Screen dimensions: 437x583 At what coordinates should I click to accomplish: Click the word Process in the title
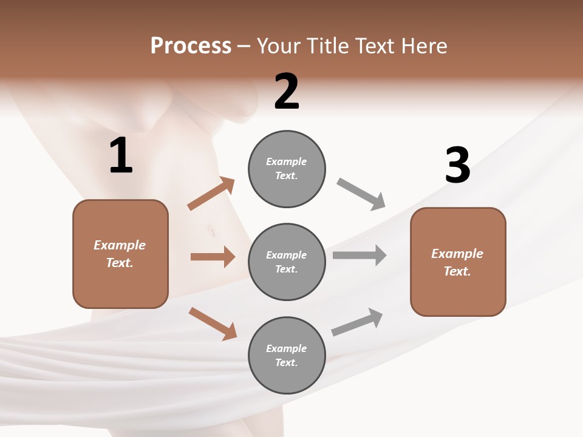[x=191, y=46]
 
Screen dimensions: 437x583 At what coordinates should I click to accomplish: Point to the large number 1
[x=121, y=156]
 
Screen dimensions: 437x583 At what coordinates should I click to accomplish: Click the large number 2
[x=287, y=92]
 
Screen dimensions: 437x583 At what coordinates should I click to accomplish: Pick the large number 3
[x=457, y=165]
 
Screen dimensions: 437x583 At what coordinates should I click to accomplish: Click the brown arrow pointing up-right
[x=211, y=194]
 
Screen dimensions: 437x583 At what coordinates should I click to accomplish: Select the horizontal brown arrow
[x=213, y=257]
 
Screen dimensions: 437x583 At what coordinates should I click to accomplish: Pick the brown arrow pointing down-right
[x=213, y=323]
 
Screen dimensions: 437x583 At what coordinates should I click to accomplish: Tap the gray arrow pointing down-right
[x=361, y=194]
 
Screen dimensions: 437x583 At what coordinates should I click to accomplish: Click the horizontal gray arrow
[x=359, y=256]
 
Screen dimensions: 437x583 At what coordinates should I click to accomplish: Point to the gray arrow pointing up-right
[x=357, y=322]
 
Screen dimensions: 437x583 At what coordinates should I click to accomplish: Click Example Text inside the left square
[x=120, y=254]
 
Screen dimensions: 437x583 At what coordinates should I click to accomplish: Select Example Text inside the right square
[x=457, y=262]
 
